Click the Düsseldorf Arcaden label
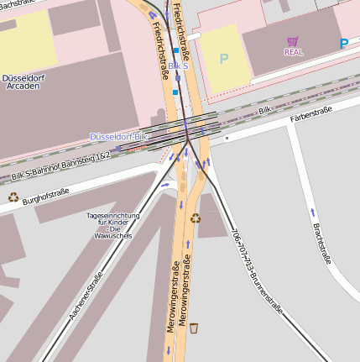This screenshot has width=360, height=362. click(x=23, y=82)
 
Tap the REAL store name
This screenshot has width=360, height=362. click(x=294, y=52)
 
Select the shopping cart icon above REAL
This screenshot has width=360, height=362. click(x=292, y=41)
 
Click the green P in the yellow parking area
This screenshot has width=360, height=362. click(x=223, y=59)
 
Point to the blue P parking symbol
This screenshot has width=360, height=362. click(x=343, y=44)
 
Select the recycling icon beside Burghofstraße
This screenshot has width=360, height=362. click(x=13, y=197)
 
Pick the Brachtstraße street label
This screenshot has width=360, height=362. click(x=322, y=243)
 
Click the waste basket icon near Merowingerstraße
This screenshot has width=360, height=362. click(x=194, y=327)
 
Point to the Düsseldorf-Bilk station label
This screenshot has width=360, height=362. click(x=119, y=136)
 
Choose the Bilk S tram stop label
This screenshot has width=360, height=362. click(x=178, y=65)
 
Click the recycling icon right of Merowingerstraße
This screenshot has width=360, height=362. click(x=196, y=218)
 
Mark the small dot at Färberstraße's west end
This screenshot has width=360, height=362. click(x=227, y=138)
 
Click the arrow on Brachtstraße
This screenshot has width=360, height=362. click(x=313, y=212)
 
